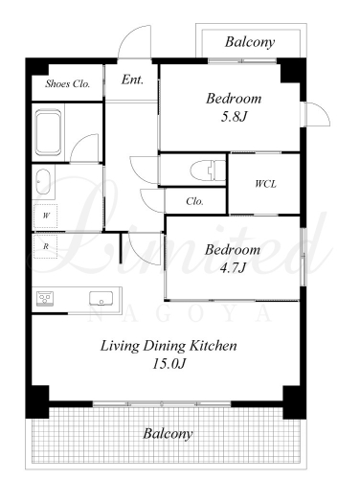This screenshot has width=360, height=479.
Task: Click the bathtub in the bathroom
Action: pyautogui.click(x=48, y=132)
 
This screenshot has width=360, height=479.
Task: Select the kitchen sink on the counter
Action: pyautogui.click(x=101, y=299)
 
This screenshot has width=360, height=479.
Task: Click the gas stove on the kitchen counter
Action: pyautogui.click(x=45, y=299)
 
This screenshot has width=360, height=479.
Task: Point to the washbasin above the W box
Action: pyautogui.click(x=43, y=182)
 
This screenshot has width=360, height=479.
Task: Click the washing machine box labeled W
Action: pyautogui.click(x=46, y=216)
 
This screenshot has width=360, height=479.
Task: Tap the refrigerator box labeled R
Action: pyautogui.click(x=46, y=246)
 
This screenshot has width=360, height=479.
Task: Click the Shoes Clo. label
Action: pyautogui.click(x=68, y=83)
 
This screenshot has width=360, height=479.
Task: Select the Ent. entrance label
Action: pyautogui.click(x=132, y=80)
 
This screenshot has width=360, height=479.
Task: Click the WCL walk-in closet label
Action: pyautogui.click(x=265, y=184)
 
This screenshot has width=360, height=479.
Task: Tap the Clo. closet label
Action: pyautogui.click(x=194, y=201)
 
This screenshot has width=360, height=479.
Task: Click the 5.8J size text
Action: pyautogui.click(x=234, y=117)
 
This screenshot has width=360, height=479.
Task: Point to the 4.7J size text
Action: pyautogui.click(x=233, y=268)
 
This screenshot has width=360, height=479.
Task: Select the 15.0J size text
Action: pyautogui.click(x=169, y=364)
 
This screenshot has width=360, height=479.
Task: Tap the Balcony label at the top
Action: pyautogui.click(x=250, y=42)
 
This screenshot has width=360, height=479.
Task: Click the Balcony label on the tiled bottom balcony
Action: pyautogui.click(x=168, y=434)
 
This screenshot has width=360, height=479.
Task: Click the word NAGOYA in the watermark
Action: pyautogui.click(x=180, y=313)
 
